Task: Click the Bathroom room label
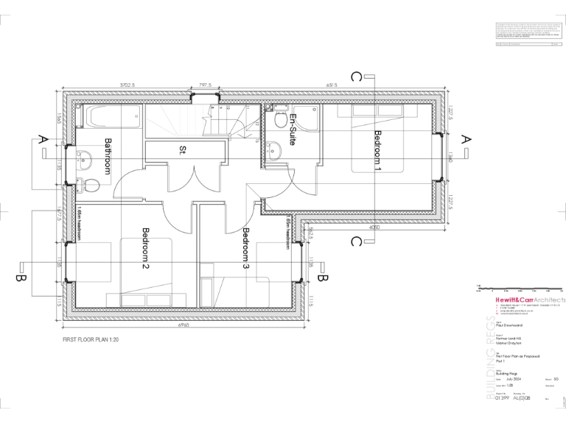108,155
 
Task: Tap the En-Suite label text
293,130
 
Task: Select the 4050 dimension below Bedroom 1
375,228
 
